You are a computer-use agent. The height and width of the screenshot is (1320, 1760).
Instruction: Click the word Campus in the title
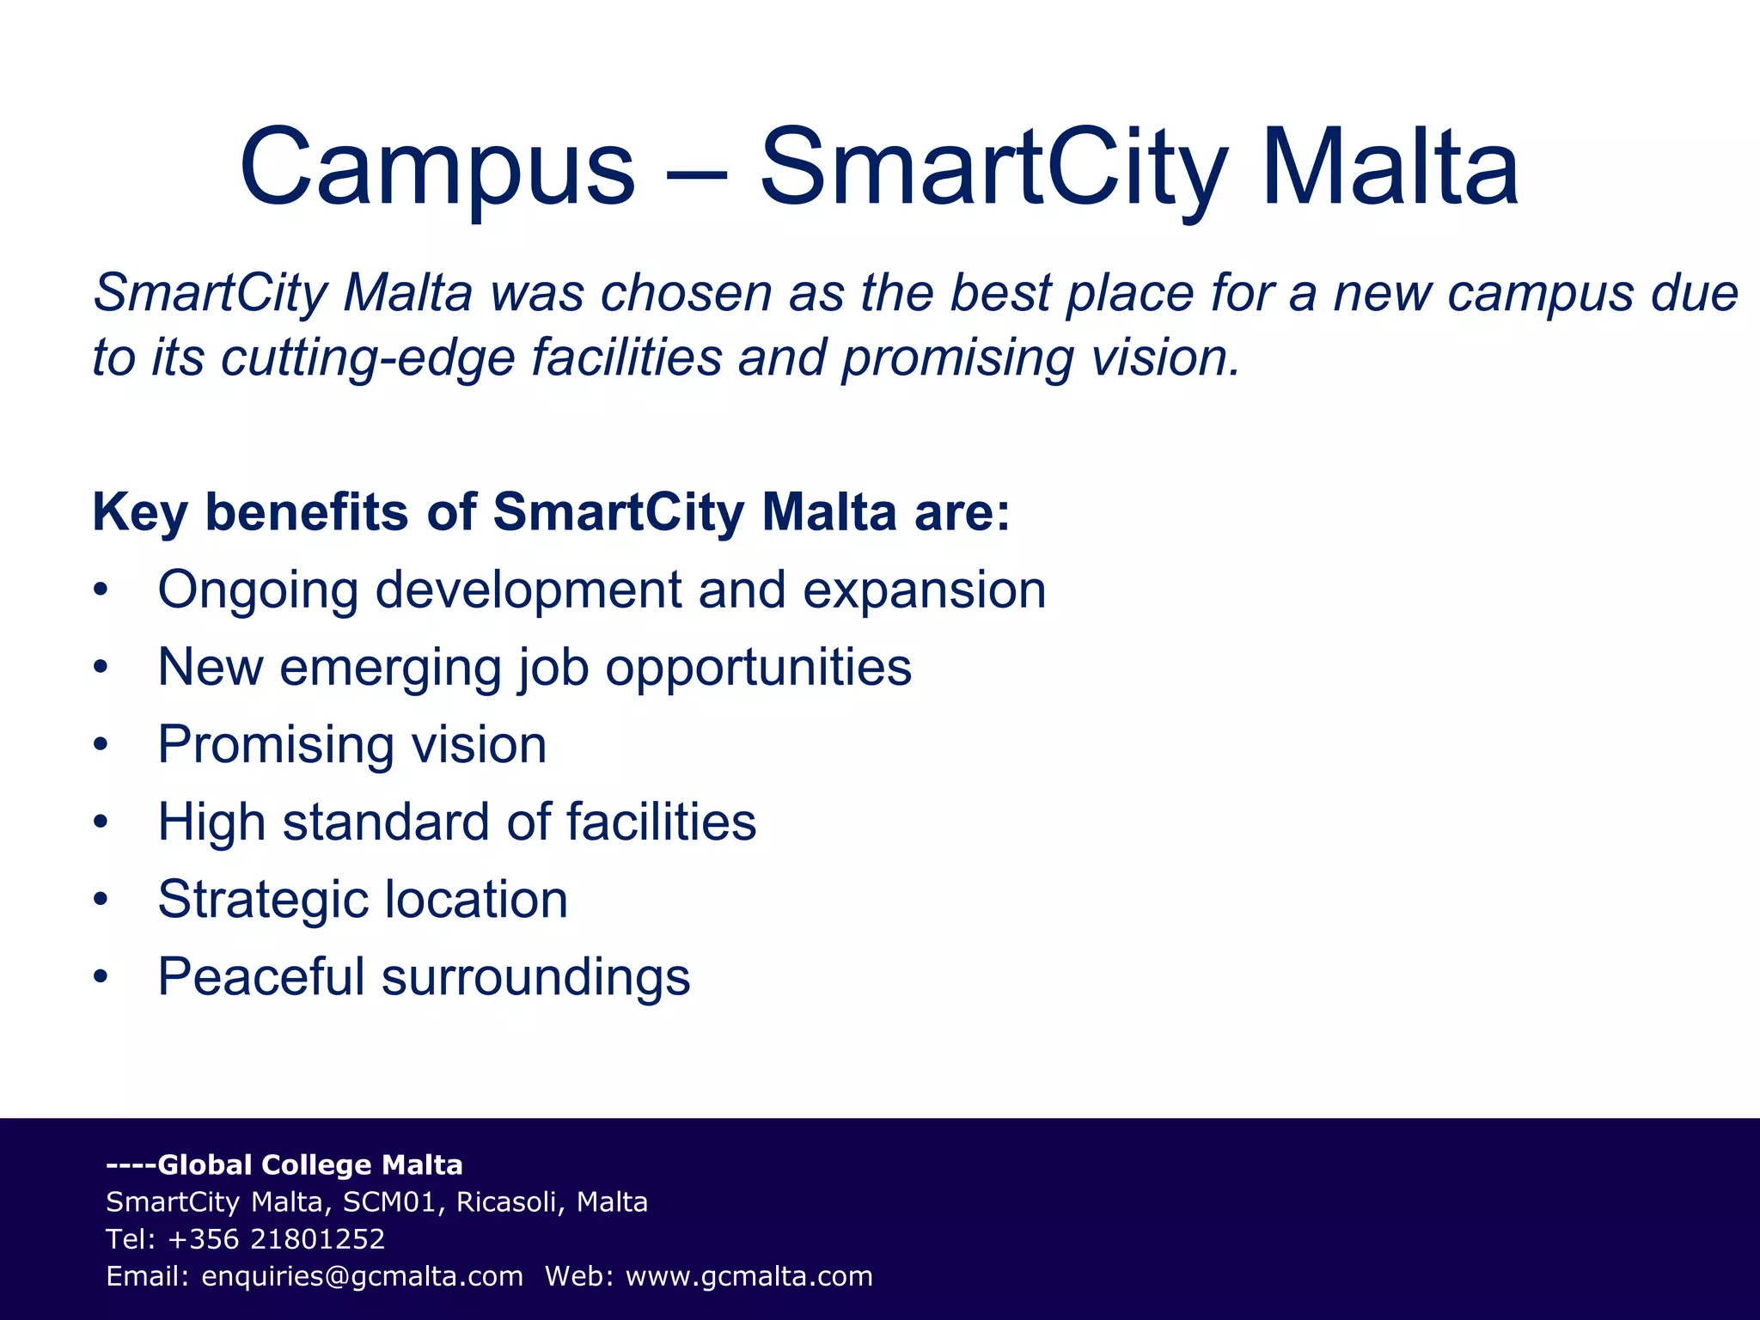click(437, 168)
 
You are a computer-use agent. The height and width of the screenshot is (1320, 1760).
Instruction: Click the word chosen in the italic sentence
click(687, 294)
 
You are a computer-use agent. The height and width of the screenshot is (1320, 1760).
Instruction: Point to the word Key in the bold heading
click(139, 514)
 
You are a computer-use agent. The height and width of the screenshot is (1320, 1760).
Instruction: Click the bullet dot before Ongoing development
click(101, 590)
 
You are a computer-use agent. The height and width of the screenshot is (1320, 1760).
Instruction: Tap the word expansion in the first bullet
click(924, 592)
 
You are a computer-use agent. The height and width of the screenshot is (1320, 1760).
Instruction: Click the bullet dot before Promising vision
click(101, 745)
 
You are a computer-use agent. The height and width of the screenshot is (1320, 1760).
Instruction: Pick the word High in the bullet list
click(211, 822)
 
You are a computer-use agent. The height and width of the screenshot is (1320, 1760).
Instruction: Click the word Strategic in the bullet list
click(262, 901)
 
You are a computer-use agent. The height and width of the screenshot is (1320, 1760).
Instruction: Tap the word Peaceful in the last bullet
click(261, 977)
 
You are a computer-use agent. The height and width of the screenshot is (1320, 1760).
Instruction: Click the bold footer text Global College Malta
click(309, 1165)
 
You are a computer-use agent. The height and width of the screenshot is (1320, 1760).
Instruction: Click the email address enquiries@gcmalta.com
click(362, 1277)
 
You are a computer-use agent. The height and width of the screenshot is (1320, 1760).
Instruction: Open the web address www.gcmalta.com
click(749, 1277)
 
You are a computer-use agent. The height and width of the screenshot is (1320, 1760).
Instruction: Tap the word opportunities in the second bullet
click(758, 669)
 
